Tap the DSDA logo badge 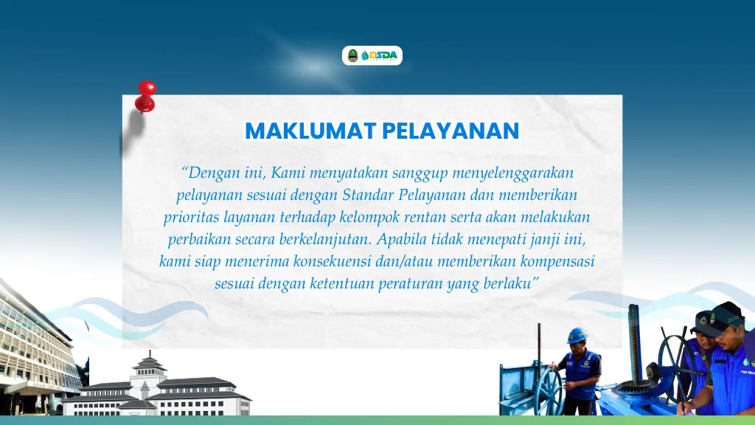pos(372,55)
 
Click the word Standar pos(368,195)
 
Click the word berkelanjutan pos(326,240)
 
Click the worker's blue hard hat pos(577,335)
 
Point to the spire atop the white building pos(150,356)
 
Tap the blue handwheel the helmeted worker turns pos(550,390)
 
